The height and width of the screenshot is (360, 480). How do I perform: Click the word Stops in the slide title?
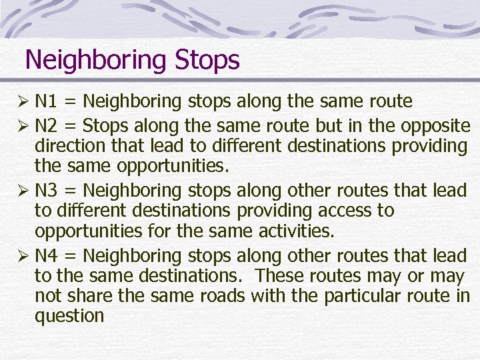coord(207,61)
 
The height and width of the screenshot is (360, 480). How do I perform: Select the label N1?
coord(46,101)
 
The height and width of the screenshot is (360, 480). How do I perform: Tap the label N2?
coord(46,126)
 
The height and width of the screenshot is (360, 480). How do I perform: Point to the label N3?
coord(46,191)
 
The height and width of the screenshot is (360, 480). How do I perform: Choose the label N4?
coord(46,255)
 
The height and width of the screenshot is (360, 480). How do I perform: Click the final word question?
coord(69,316)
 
